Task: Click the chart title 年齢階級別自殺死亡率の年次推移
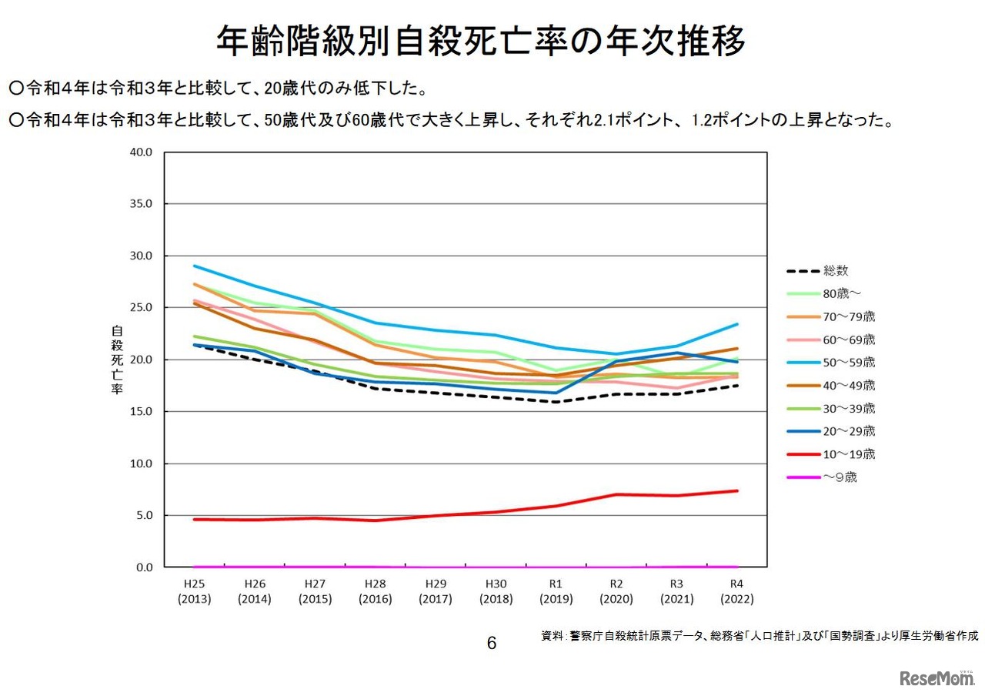point(481,42)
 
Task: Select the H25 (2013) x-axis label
point(194,591)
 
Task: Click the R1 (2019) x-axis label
point(556,591)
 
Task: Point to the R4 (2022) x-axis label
point(737,591)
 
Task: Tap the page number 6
point(492,643)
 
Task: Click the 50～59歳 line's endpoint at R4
point(737,324)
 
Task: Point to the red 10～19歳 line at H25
point(194,520)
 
